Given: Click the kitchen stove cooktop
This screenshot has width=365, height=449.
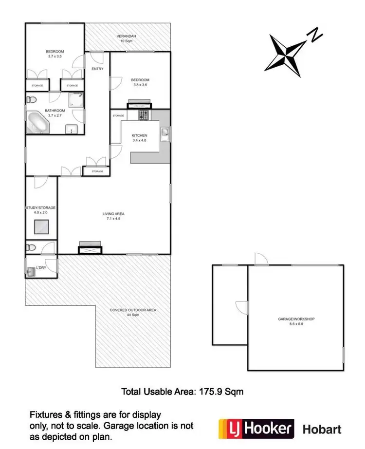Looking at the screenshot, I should [144, 115].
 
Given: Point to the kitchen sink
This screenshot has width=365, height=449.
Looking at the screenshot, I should [165, 132].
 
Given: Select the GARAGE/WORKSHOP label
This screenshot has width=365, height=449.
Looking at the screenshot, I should [296, 319].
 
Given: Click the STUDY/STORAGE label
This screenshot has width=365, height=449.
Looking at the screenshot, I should [41, 207].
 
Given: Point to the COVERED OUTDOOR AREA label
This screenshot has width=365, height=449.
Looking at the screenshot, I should [132, 310].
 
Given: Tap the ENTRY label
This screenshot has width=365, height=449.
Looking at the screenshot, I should [97, 69].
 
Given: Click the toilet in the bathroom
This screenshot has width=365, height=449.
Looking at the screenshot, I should [31, 100].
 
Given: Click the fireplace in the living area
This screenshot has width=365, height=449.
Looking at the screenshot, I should [90, 248].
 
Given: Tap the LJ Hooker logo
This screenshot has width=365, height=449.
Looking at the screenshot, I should [256, 429].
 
